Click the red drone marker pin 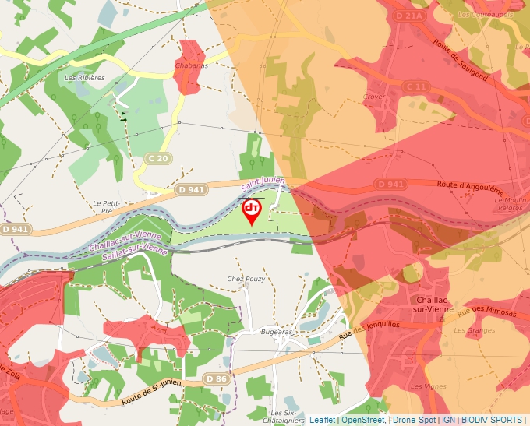251,211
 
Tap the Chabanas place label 193,65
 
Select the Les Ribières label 84,78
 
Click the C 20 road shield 158,158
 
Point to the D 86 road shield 217,378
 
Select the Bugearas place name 276,330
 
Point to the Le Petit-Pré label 104,206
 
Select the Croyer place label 374,97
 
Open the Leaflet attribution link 322,420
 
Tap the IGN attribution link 448,420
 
